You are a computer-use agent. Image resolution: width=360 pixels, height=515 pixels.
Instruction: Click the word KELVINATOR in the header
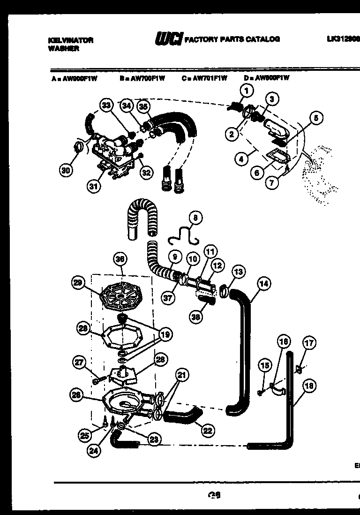click(70, 40)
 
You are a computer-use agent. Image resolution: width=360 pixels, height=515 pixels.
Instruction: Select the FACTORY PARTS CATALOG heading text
click(232, 39)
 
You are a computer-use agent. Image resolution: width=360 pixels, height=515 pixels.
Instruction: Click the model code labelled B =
click(142, 78)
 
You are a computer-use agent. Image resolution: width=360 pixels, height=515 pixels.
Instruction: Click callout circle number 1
click(247, 91)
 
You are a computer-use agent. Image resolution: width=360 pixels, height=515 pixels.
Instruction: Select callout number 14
click(264, 283)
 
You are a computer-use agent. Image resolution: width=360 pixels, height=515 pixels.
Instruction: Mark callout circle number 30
click(67, 171)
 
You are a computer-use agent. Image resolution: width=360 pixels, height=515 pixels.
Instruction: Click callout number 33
click(107, 106)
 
